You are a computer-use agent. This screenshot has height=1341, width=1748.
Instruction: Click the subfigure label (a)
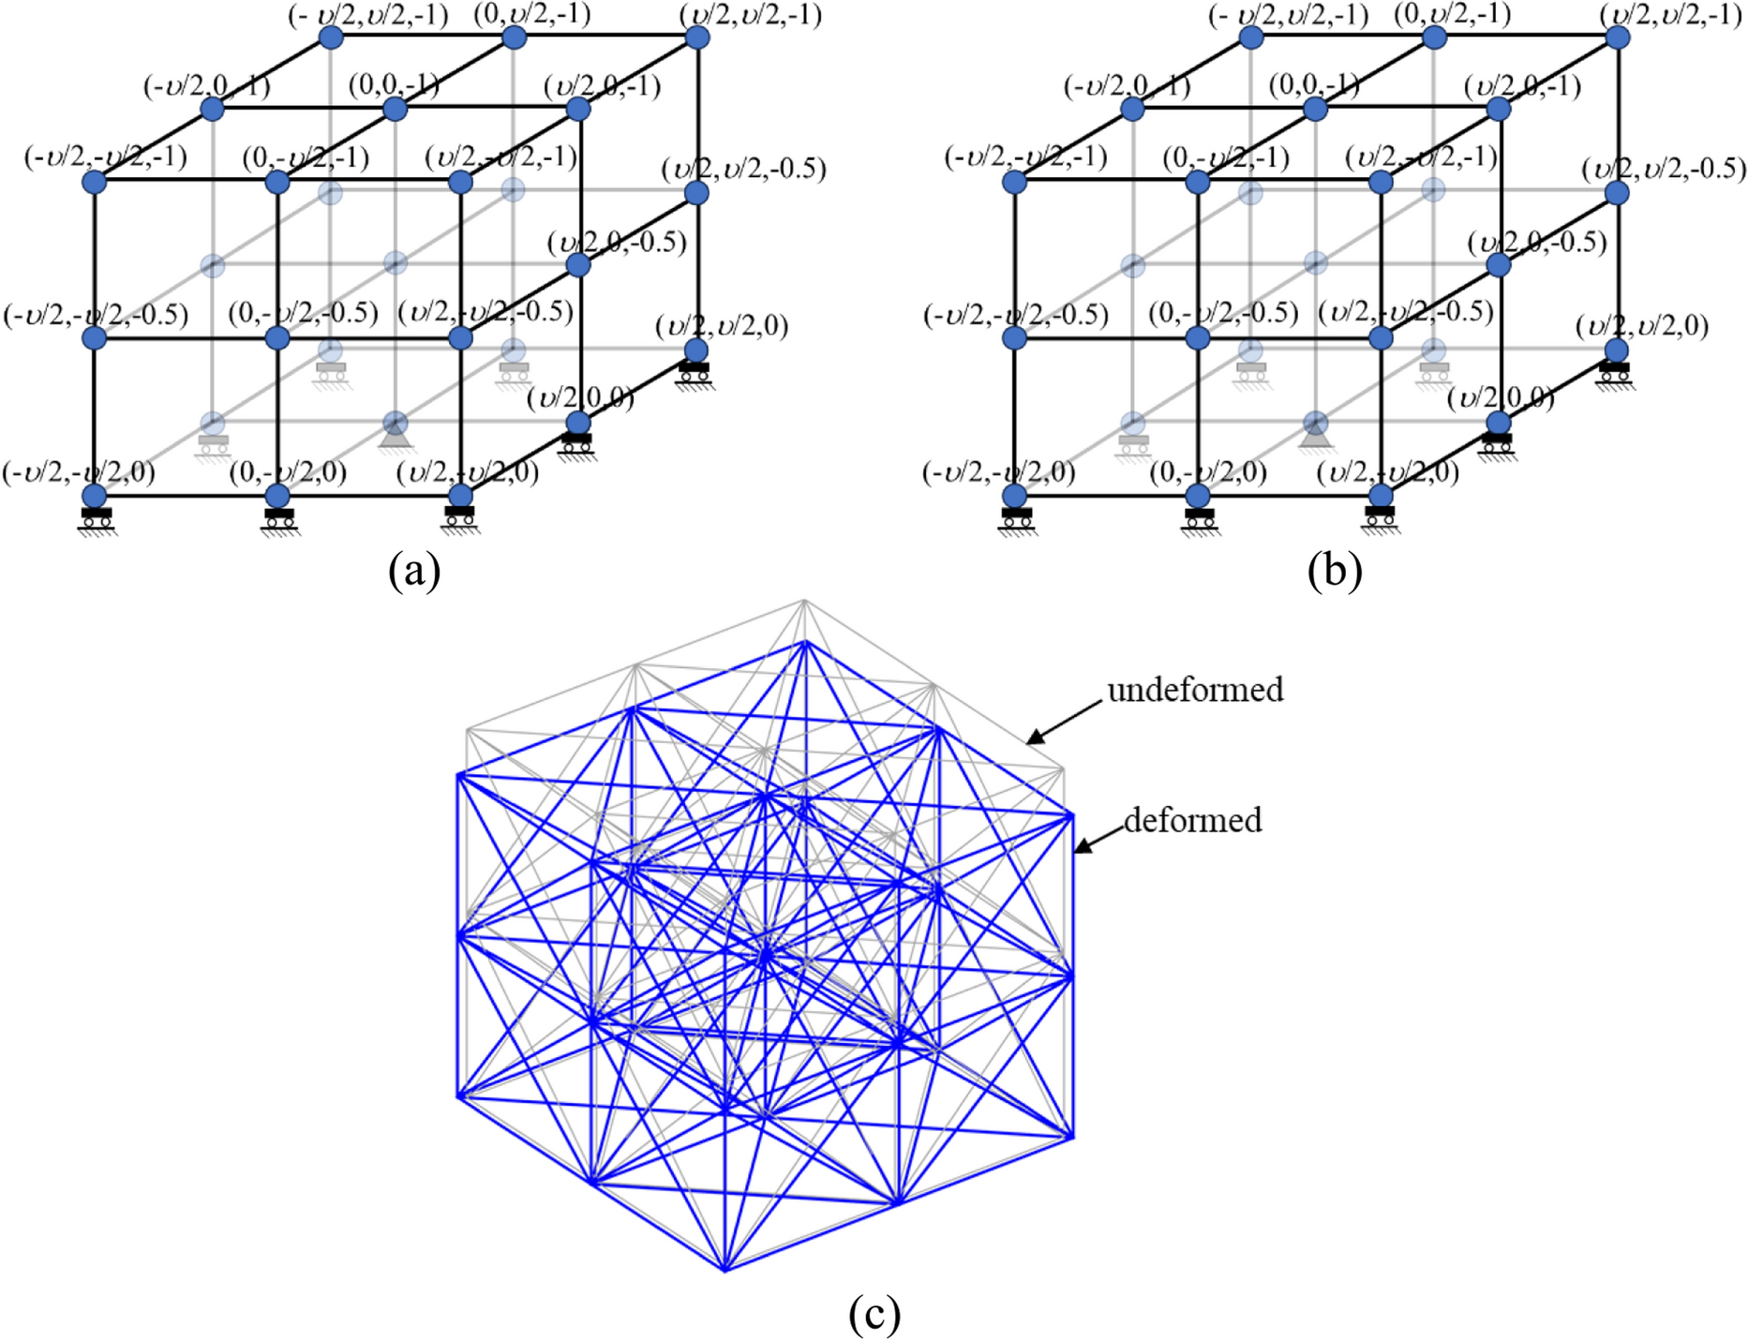click(x=414, y=571)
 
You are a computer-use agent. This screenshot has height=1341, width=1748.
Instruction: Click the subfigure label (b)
click(x=1334, y=571)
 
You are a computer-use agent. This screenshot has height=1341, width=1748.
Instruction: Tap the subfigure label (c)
click(x=874, y=1314)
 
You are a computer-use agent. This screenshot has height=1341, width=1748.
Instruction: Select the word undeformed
click(x=1195, y=691)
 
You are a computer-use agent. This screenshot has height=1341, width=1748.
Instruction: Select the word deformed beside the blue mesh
click(x=1192, y=821)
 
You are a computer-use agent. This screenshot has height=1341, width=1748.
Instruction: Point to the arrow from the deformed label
click(x=1097, y=838)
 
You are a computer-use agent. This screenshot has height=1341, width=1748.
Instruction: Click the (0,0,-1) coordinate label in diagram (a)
click(x=394, y=85)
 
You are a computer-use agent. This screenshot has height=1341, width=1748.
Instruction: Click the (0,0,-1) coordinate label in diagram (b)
click(x=1314, y=85)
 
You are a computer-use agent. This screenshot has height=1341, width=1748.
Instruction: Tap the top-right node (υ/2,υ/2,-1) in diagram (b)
click(x=1618, y=37)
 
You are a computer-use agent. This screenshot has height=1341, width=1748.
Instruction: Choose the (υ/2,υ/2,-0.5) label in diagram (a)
click(x=743, y=170)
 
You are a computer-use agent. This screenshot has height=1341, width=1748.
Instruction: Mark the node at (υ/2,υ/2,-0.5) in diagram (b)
click(x=1618, y=193)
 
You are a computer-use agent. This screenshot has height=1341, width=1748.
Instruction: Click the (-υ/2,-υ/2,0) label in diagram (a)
click(x=79, y=472)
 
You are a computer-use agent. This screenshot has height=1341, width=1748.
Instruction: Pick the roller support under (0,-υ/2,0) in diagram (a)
click(x=279, y=519)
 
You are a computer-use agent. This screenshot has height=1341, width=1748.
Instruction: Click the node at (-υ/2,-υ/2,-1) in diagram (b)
click(x=1014, y=181)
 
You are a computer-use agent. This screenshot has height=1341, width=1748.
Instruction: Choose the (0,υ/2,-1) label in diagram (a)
click(x=531, y=15)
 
